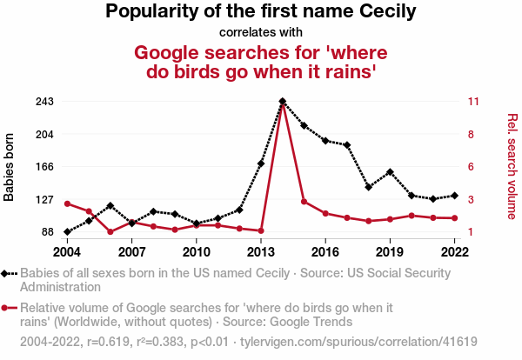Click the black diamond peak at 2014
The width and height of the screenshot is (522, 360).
(x=283, y=102)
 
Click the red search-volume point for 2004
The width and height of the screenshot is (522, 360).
(x=67, y=203)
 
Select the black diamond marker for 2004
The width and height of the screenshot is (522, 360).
(x=67, y=232)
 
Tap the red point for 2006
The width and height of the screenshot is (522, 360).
(x=110, y=232)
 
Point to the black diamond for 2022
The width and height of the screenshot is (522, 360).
(x=455, y=196)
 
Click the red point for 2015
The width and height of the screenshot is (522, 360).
(x=304, y=202)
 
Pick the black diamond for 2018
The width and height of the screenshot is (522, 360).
(x=369, y=187)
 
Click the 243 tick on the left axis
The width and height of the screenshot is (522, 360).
(x=44, y=102)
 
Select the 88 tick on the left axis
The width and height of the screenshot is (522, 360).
(x=48, y=232)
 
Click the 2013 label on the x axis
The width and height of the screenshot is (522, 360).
(x=261, y=251)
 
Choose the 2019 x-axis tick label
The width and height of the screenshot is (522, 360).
(x=390, y=251)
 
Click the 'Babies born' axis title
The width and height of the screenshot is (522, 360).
(x=10, y=167)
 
